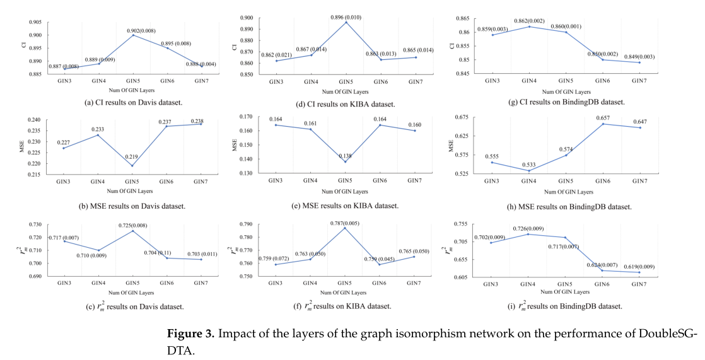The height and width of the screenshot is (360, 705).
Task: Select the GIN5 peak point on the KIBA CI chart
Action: (346, 22)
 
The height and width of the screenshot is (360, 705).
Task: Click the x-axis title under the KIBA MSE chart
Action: (344, 191)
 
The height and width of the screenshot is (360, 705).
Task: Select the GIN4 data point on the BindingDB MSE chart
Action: (528, 171)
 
